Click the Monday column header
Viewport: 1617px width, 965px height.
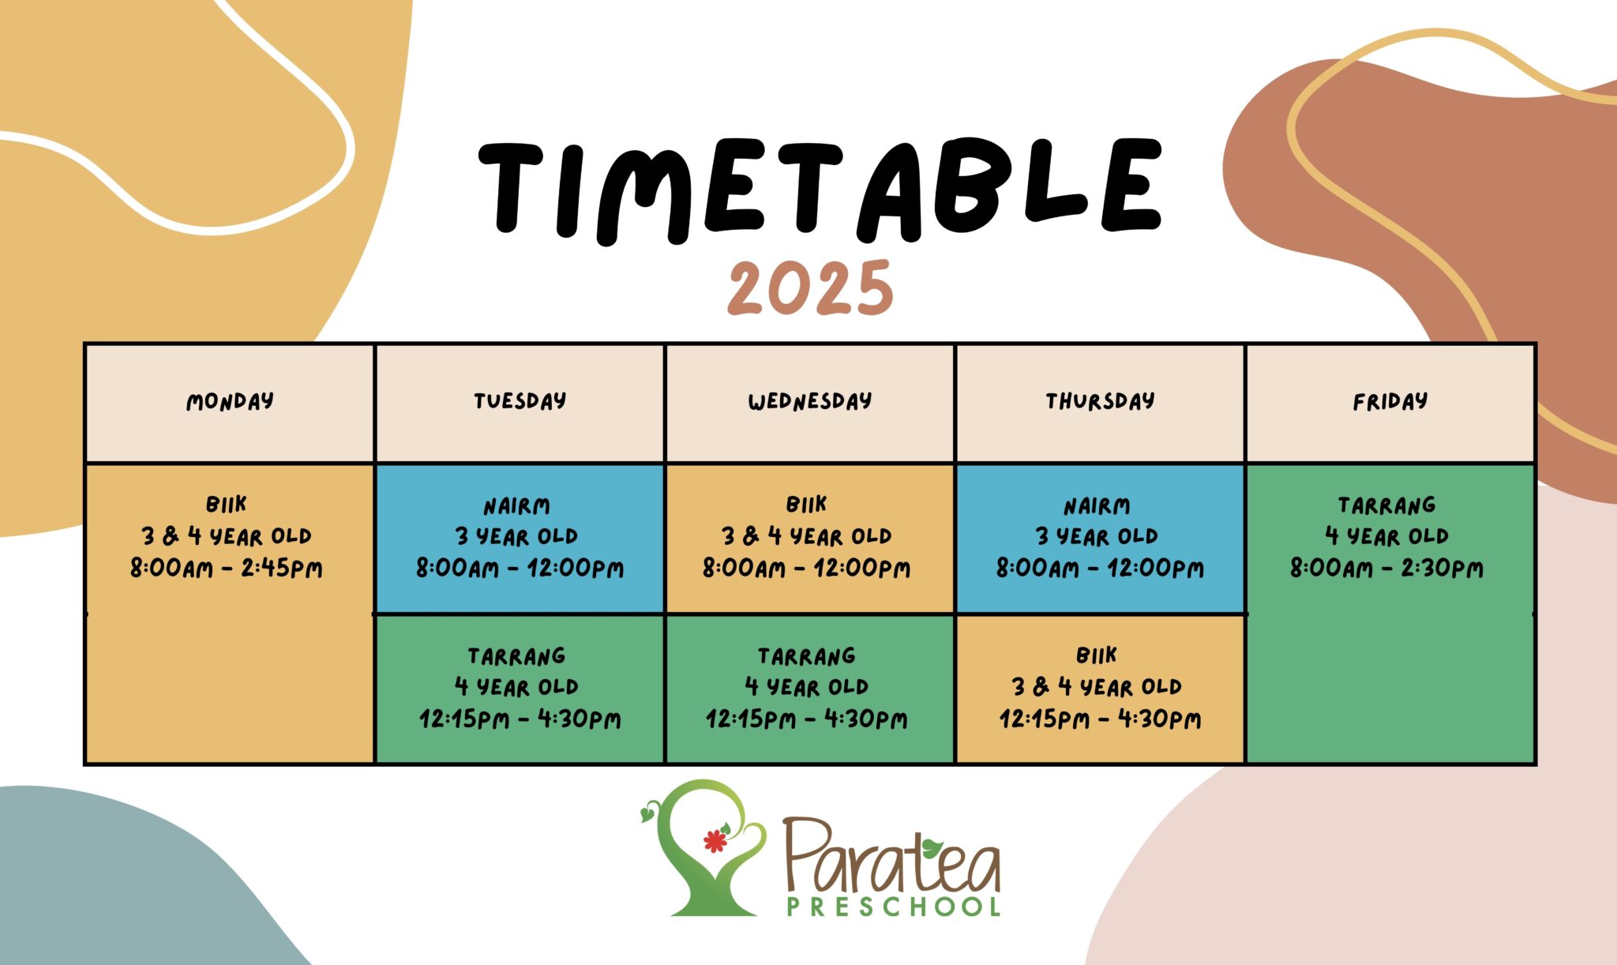tap(230, 402)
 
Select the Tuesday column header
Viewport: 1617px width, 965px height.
tap(520, 401)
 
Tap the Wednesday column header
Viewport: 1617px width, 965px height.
tap(810, 402)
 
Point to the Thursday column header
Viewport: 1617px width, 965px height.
tap(1100, 401)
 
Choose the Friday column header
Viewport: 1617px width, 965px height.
tap(1390, 402)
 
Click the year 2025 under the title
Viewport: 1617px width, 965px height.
tap(810, 289)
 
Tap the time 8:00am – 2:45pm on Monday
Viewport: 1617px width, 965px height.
tap(227, 569)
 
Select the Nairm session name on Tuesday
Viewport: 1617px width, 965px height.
tap(517, 506)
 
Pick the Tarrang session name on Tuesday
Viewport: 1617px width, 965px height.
tap(517, 656)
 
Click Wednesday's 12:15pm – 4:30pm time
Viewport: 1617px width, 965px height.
tap(807, 719)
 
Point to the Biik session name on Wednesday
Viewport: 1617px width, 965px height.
tap(806, 505)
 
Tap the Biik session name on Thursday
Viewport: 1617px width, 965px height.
tap(1097, 655)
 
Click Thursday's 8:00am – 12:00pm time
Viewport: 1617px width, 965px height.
tap(1100, 569)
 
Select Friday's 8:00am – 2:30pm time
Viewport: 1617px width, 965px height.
tap(1387, 569)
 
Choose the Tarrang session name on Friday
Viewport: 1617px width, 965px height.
tap(1387, 505)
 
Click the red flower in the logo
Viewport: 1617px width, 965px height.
tap(715, 841)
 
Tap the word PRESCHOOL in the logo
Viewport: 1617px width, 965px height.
tap(894, 907)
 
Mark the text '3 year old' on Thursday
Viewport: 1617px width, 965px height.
tap(1097, 537)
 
